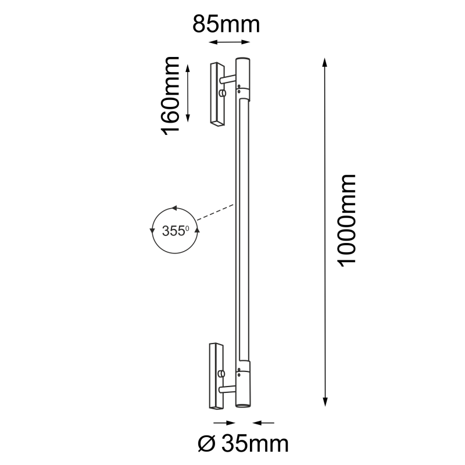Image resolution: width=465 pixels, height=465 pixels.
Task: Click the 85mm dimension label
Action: point(226,26)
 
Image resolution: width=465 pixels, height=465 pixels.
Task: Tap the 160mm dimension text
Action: point(171,95)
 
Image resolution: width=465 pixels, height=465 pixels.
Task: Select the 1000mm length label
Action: point(347,220)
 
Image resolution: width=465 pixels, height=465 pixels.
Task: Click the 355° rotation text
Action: point(175,231)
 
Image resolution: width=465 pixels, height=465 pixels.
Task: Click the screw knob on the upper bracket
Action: point(222,94)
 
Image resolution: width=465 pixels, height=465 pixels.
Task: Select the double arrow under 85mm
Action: point(230,42)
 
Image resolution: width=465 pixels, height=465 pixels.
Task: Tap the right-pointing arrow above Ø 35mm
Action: point(220,423)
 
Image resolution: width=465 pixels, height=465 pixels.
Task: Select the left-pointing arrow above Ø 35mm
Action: point(266,423)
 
